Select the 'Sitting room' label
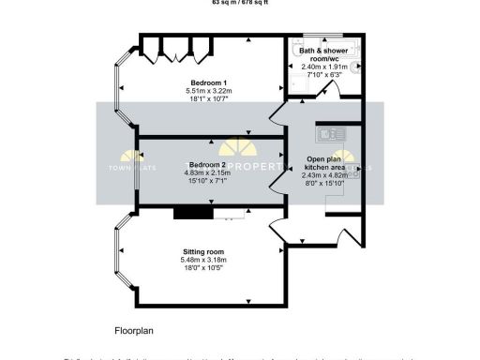203,252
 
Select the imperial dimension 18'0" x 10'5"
203,267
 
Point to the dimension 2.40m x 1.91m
324,67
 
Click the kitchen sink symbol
333,134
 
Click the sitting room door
278,228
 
